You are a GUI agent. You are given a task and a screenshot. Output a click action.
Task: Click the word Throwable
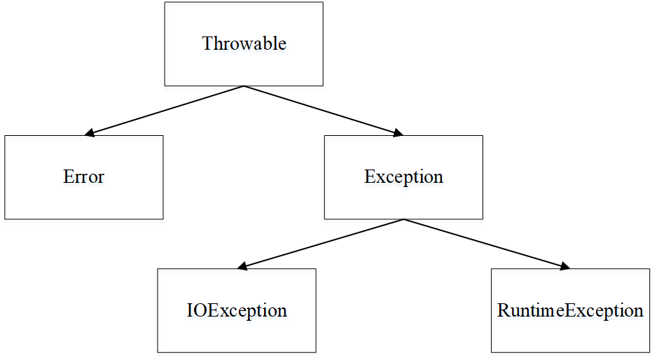[x=244, y=43]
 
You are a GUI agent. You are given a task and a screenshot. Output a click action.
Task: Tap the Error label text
[x=83, y=176]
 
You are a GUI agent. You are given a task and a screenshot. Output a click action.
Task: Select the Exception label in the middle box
[x=403, y=177]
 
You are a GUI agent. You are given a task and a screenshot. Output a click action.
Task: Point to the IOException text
[x=237, y=311]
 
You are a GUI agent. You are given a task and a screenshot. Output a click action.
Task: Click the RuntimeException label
[x=570, y=311]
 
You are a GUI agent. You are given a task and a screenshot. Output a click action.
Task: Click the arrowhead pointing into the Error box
[x=89, y=133]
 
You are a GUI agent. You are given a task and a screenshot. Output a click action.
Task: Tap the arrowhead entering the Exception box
[x=398, y=133]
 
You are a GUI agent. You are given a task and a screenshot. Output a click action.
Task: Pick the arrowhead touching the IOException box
[x=242, y=265]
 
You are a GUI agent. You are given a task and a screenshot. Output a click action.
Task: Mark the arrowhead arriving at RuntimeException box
[x=565, y=265]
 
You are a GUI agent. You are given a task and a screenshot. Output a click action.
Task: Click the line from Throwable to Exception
[x=324, y=111]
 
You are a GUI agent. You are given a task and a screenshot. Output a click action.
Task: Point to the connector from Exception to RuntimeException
[x=487, y=244]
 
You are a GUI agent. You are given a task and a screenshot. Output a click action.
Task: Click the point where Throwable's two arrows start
[x=244, y=86]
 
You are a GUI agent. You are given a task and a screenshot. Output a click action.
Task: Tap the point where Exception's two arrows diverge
[x=403, y=219]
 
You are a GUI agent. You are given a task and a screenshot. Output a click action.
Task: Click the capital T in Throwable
[x=207, y=43]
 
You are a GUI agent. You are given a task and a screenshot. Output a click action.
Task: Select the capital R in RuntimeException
[x=504, y=311]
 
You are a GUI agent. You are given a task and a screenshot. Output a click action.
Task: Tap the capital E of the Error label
[x=68, y=176]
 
